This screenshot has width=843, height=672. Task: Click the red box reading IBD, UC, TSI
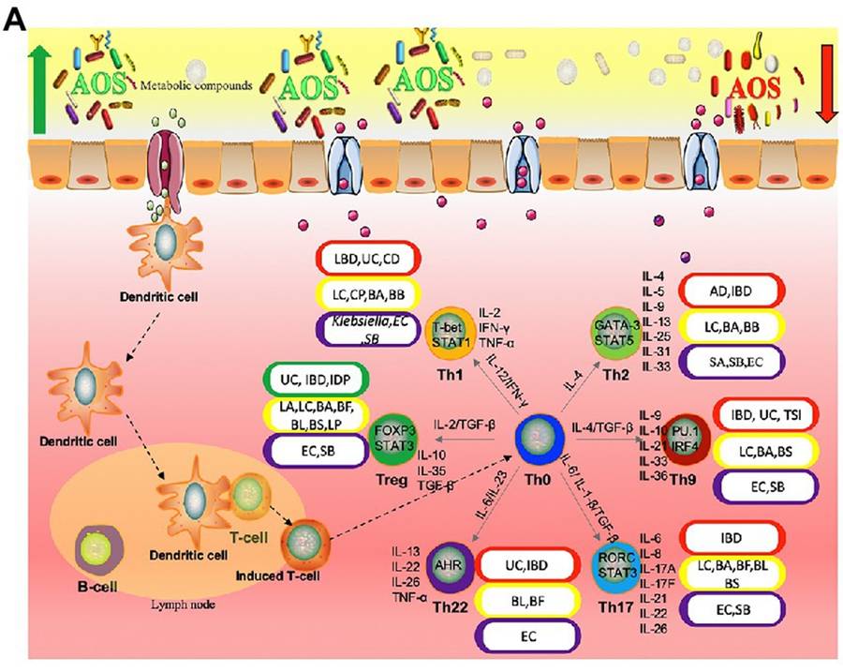(765, 413)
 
